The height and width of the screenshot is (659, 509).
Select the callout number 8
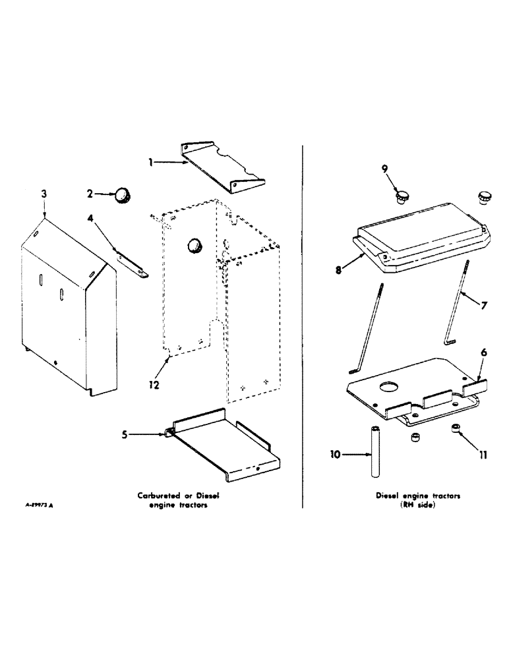[x=338, y=270]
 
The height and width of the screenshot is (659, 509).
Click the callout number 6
[x=484, y=353]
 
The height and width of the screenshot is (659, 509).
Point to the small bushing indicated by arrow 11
[x=456, y=429]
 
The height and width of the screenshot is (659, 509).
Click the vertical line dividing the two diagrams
[x=303, y=329]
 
